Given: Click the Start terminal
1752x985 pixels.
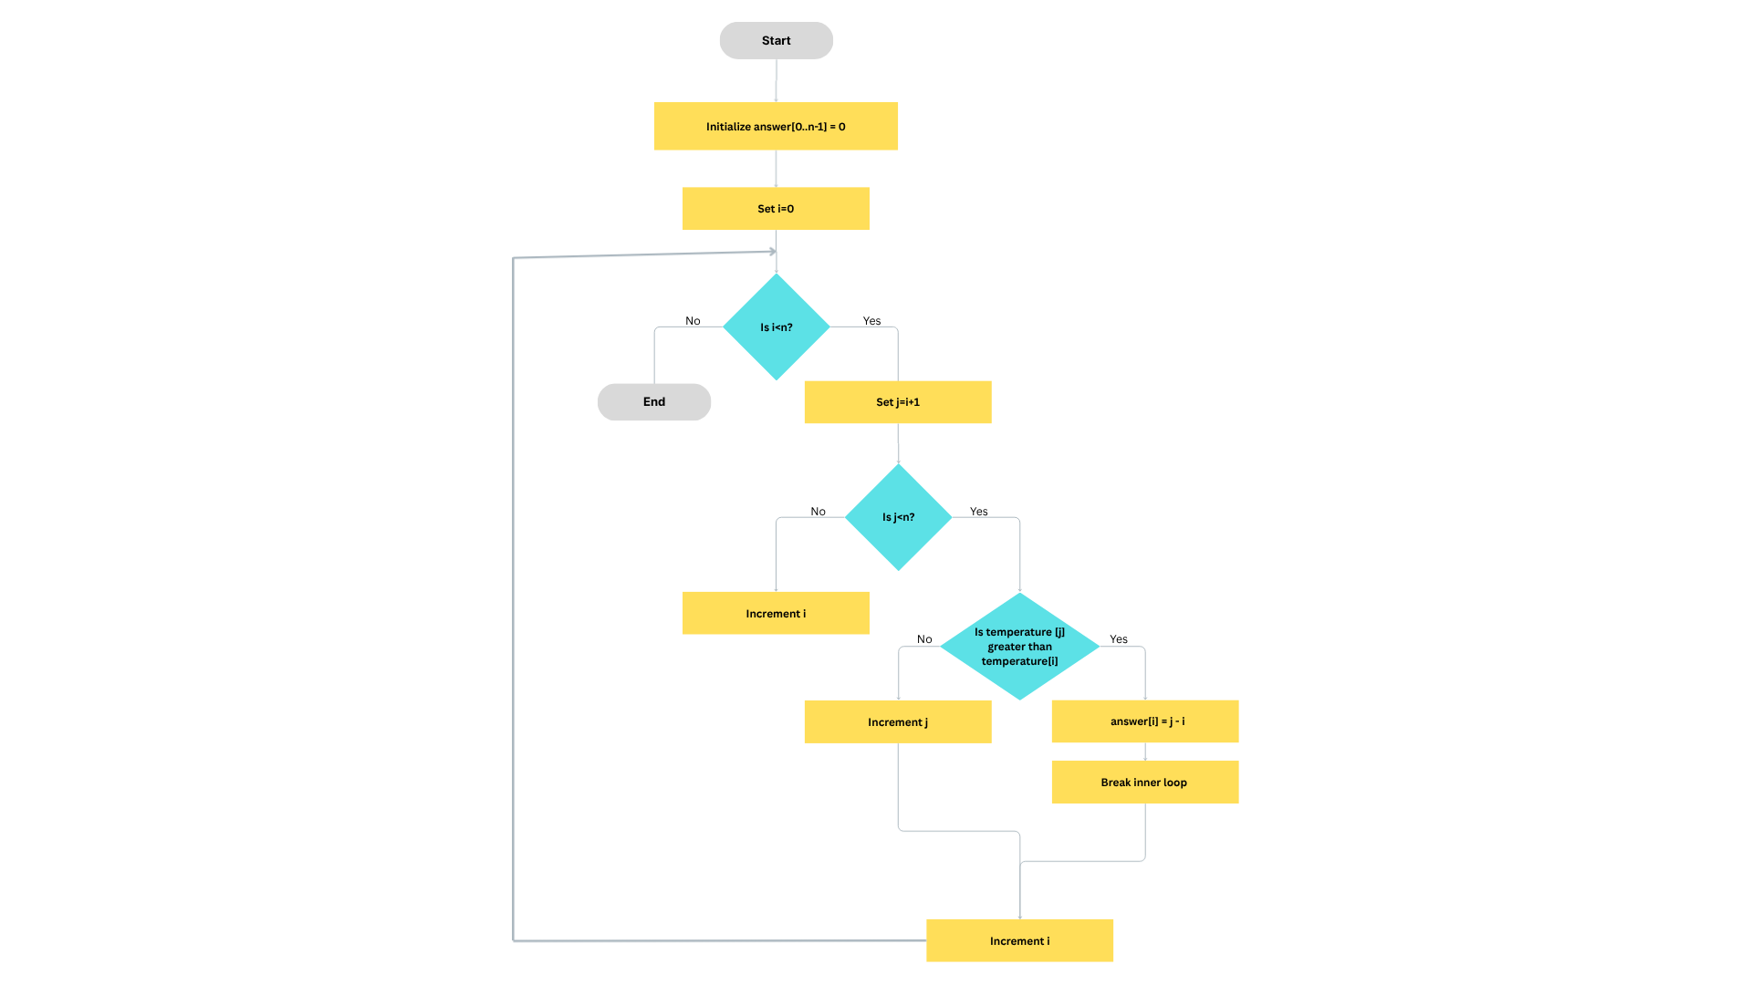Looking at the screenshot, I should pos(776,41).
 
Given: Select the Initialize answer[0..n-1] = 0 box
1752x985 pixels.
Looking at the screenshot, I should pos(776,126).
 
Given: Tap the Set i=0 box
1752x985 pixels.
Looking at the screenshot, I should pos(776,209).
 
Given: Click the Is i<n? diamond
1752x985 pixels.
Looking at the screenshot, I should pos(776,327).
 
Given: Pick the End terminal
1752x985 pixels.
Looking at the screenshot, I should pos(653,402).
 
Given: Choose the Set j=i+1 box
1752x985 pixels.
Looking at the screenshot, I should pos(898,402).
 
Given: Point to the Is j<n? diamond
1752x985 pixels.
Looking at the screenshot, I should pos(898,517).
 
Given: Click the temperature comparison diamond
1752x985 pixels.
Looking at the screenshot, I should pos(1019,647).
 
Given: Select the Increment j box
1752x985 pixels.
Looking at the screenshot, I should pos(898,721).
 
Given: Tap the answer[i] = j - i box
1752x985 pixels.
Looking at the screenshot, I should pos(1145,721).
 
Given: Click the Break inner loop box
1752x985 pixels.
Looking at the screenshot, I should pos(1145,782).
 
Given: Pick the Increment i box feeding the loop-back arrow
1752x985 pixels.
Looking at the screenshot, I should pos(1019,940).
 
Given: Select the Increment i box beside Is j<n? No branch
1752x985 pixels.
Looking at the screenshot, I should pos(776,613).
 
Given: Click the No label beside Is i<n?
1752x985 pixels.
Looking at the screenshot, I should pos(693,321).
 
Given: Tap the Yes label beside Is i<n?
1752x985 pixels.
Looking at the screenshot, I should pos(871,321).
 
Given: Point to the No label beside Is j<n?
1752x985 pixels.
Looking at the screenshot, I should pos(818,512).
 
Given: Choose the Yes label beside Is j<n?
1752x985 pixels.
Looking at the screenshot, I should pos(978,512).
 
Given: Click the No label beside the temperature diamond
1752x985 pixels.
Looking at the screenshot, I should pos(924,639).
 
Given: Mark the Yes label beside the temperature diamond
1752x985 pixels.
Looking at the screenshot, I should pos(1119,639).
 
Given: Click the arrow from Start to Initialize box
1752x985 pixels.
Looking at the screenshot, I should pos(776,80).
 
